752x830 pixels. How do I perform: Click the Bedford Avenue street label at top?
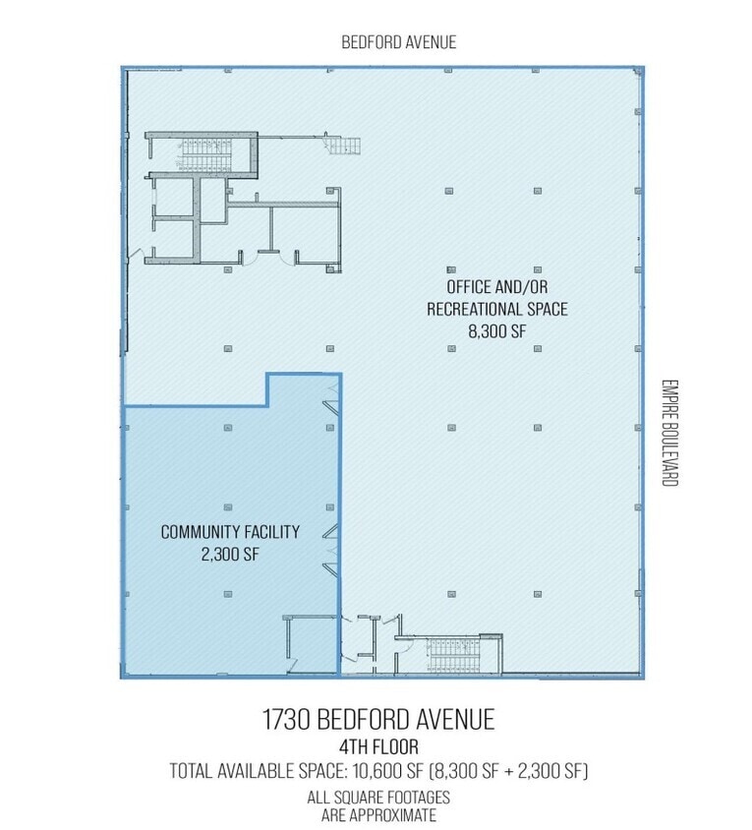(x=398, y=42)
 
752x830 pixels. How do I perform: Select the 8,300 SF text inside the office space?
(x=498, y=331)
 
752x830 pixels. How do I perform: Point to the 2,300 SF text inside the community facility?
(x=229, y=554)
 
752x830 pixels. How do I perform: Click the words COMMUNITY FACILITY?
(x=229, y=532)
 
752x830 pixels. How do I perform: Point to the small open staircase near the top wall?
(x=343, y=146)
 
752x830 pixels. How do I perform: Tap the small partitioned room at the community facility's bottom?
(x=307, y=644)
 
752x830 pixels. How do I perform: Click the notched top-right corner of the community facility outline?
(x=339, y=375)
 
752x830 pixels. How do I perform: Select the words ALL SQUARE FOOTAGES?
(x=377, y=798)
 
